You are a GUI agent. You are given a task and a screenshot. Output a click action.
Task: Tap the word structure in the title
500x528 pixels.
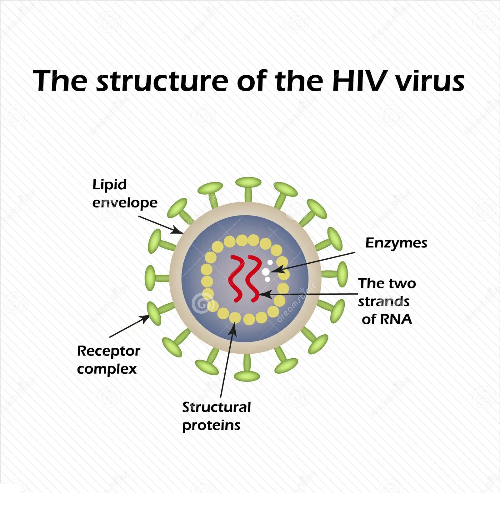point(162,81)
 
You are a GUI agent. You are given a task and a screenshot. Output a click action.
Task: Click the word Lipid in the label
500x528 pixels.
point(109,185)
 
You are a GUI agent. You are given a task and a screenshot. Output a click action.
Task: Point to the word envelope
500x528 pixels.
point(125,203)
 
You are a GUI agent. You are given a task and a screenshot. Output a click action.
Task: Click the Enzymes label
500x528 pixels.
point(396,243)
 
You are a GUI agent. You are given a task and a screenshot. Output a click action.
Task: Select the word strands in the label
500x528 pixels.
point(384,301)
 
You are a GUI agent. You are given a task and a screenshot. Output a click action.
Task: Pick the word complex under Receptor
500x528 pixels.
point(107,369)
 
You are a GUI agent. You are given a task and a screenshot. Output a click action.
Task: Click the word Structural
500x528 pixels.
point(217,407)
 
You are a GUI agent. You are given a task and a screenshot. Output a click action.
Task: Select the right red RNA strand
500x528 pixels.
point(253,278)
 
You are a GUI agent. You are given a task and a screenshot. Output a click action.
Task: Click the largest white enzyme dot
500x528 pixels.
point(265,272)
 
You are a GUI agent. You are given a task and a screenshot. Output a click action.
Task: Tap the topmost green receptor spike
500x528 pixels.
point(248,187)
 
